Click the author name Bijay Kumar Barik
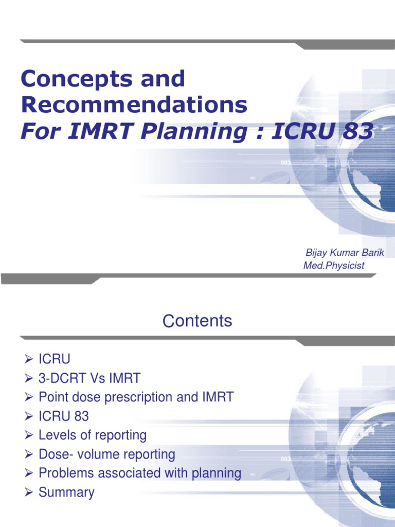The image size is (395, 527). click(x=345, y=252)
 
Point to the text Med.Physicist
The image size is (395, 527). click(x=334, y=266)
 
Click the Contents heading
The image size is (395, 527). click(x=197, y=321)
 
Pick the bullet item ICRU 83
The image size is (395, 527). click(x=64, y=416)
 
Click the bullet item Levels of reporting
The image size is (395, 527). click(x=93, y=435)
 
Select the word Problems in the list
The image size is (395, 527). click(x=64, y=473)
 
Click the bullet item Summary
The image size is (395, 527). click(x=66, y=492)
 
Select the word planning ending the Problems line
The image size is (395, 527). click(x=214, y=473)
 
